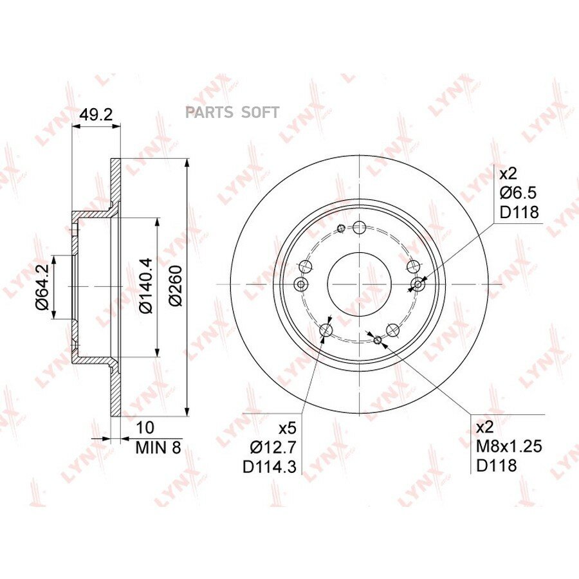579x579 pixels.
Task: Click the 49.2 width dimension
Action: pyautogui.click(x=96, y=115)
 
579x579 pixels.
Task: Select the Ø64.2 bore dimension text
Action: pyautogui.click(x=42, y=286)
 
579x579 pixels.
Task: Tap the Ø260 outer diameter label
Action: pyautogui.click(x=176, y=286)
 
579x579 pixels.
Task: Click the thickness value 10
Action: pyautogui.click(x=145, y=428)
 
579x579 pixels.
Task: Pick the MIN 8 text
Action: pyautogui.click(x=158, y=448)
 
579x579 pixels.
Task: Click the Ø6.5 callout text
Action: pyautogui.click(x=518, y=193)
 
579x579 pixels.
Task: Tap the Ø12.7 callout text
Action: pyautogui.click(x=273, y=448)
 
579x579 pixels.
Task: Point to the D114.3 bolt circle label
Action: pyautogui.click(x=270, y=467)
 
